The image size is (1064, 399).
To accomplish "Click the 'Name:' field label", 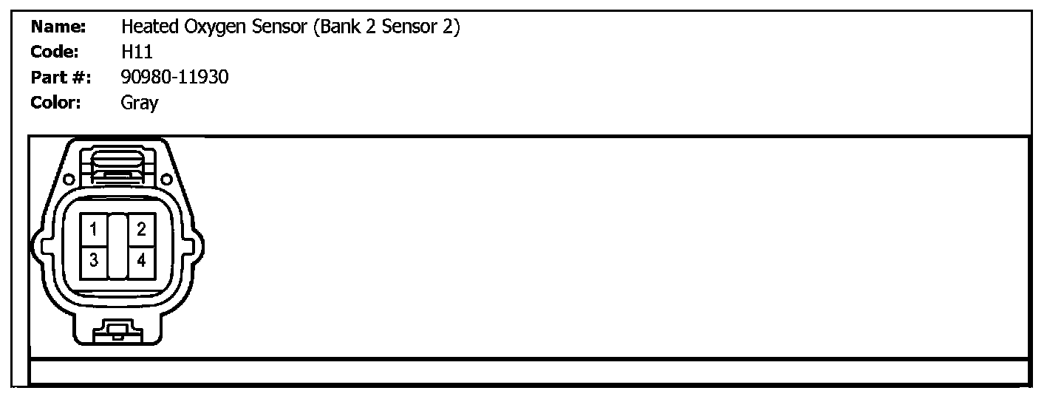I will click(59, 28).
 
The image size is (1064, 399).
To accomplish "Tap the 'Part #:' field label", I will click(61, 77).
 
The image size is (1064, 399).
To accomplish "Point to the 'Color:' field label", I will click(56, 102).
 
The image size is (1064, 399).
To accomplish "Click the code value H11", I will click(137, 52).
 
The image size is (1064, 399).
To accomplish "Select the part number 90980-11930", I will click(174, 77).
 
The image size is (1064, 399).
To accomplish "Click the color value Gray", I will click(140, 103).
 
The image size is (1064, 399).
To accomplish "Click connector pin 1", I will click(94, 230).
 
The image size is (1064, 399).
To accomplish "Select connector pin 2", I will click(142, 230).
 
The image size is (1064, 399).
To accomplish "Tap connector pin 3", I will click(94, 261).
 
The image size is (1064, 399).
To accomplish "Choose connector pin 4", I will click(142, 261).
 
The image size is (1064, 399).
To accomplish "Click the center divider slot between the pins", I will click(118, 246).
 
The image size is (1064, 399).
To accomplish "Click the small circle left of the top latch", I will click(68, 179).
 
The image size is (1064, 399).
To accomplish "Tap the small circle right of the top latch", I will click(167, 179).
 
